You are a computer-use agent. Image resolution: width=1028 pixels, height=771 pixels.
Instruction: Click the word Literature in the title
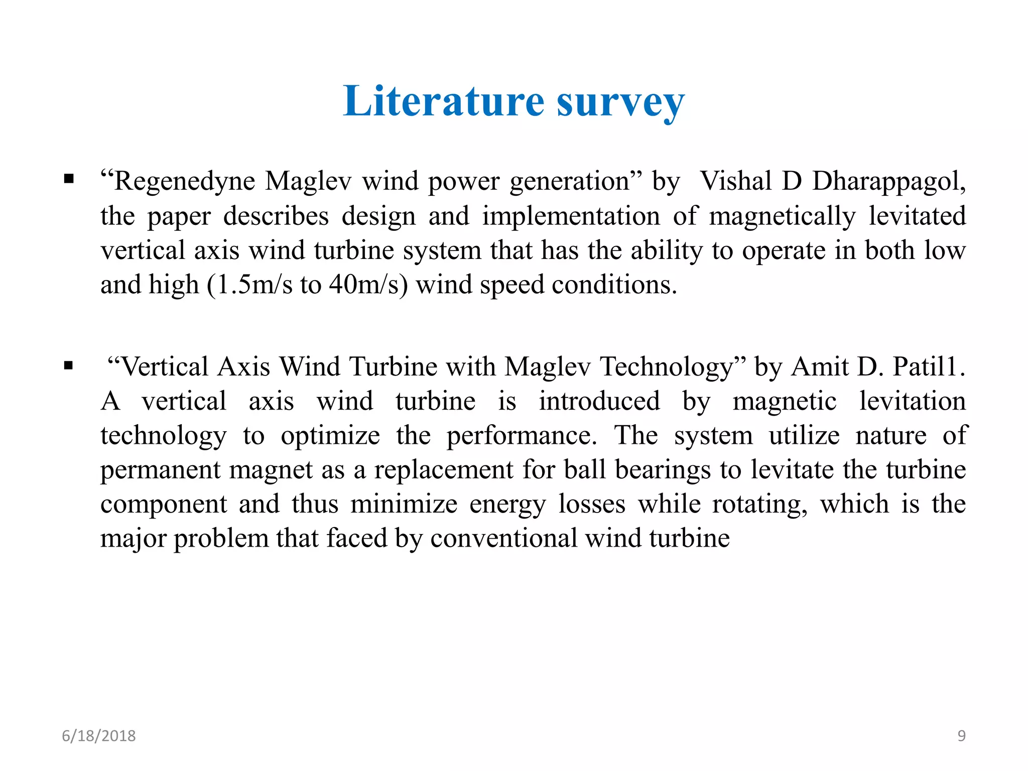[444, 101]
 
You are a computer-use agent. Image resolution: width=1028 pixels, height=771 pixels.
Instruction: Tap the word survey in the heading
[620, 103]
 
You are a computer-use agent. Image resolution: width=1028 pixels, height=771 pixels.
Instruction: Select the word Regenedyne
[184, 182]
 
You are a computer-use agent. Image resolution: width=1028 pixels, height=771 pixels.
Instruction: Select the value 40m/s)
[368, 285]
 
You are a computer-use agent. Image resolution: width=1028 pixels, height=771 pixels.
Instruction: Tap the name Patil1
[925, 366]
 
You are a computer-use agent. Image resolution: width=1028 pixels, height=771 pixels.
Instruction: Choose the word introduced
[599, 401]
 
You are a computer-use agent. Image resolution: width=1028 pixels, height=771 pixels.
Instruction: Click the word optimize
[330, 436]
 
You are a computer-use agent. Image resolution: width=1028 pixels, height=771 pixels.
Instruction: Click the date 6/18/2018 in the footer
[99, 736]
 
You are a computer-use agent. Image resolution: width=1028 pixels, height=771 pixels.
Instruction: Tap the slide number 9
[961, 736]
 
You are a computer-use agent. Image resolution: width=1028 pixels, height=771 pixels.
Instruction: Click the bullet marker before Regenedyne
[69, 179]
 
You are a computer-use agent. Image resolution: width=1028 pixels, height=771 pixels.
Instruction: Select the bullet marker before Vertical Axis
[69, 365]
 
